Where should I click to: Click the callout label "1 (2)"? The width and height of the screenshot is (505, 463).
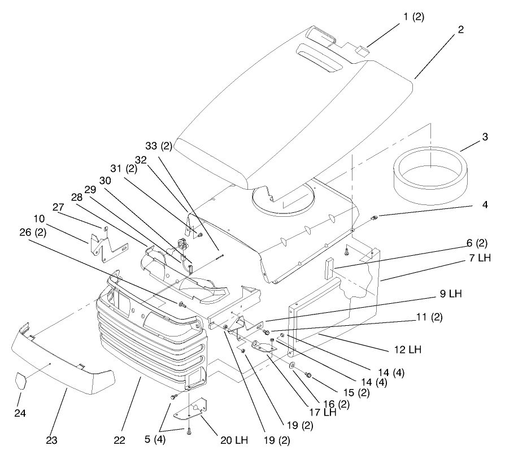coord(413,16)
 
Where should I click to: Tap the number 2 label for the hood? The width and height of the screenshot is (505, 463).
coord(461,30)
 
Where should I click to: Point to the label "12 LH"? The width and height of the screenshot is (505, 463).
coord(408,350)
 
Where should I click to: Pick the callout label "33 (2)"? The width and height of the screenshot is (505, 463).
coord(159,146)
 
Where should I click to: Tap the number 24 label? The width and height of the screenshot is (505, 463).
coord(20,413)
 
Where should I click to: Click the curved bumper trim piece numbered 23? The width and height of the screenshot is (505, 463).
coord(62,361)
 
